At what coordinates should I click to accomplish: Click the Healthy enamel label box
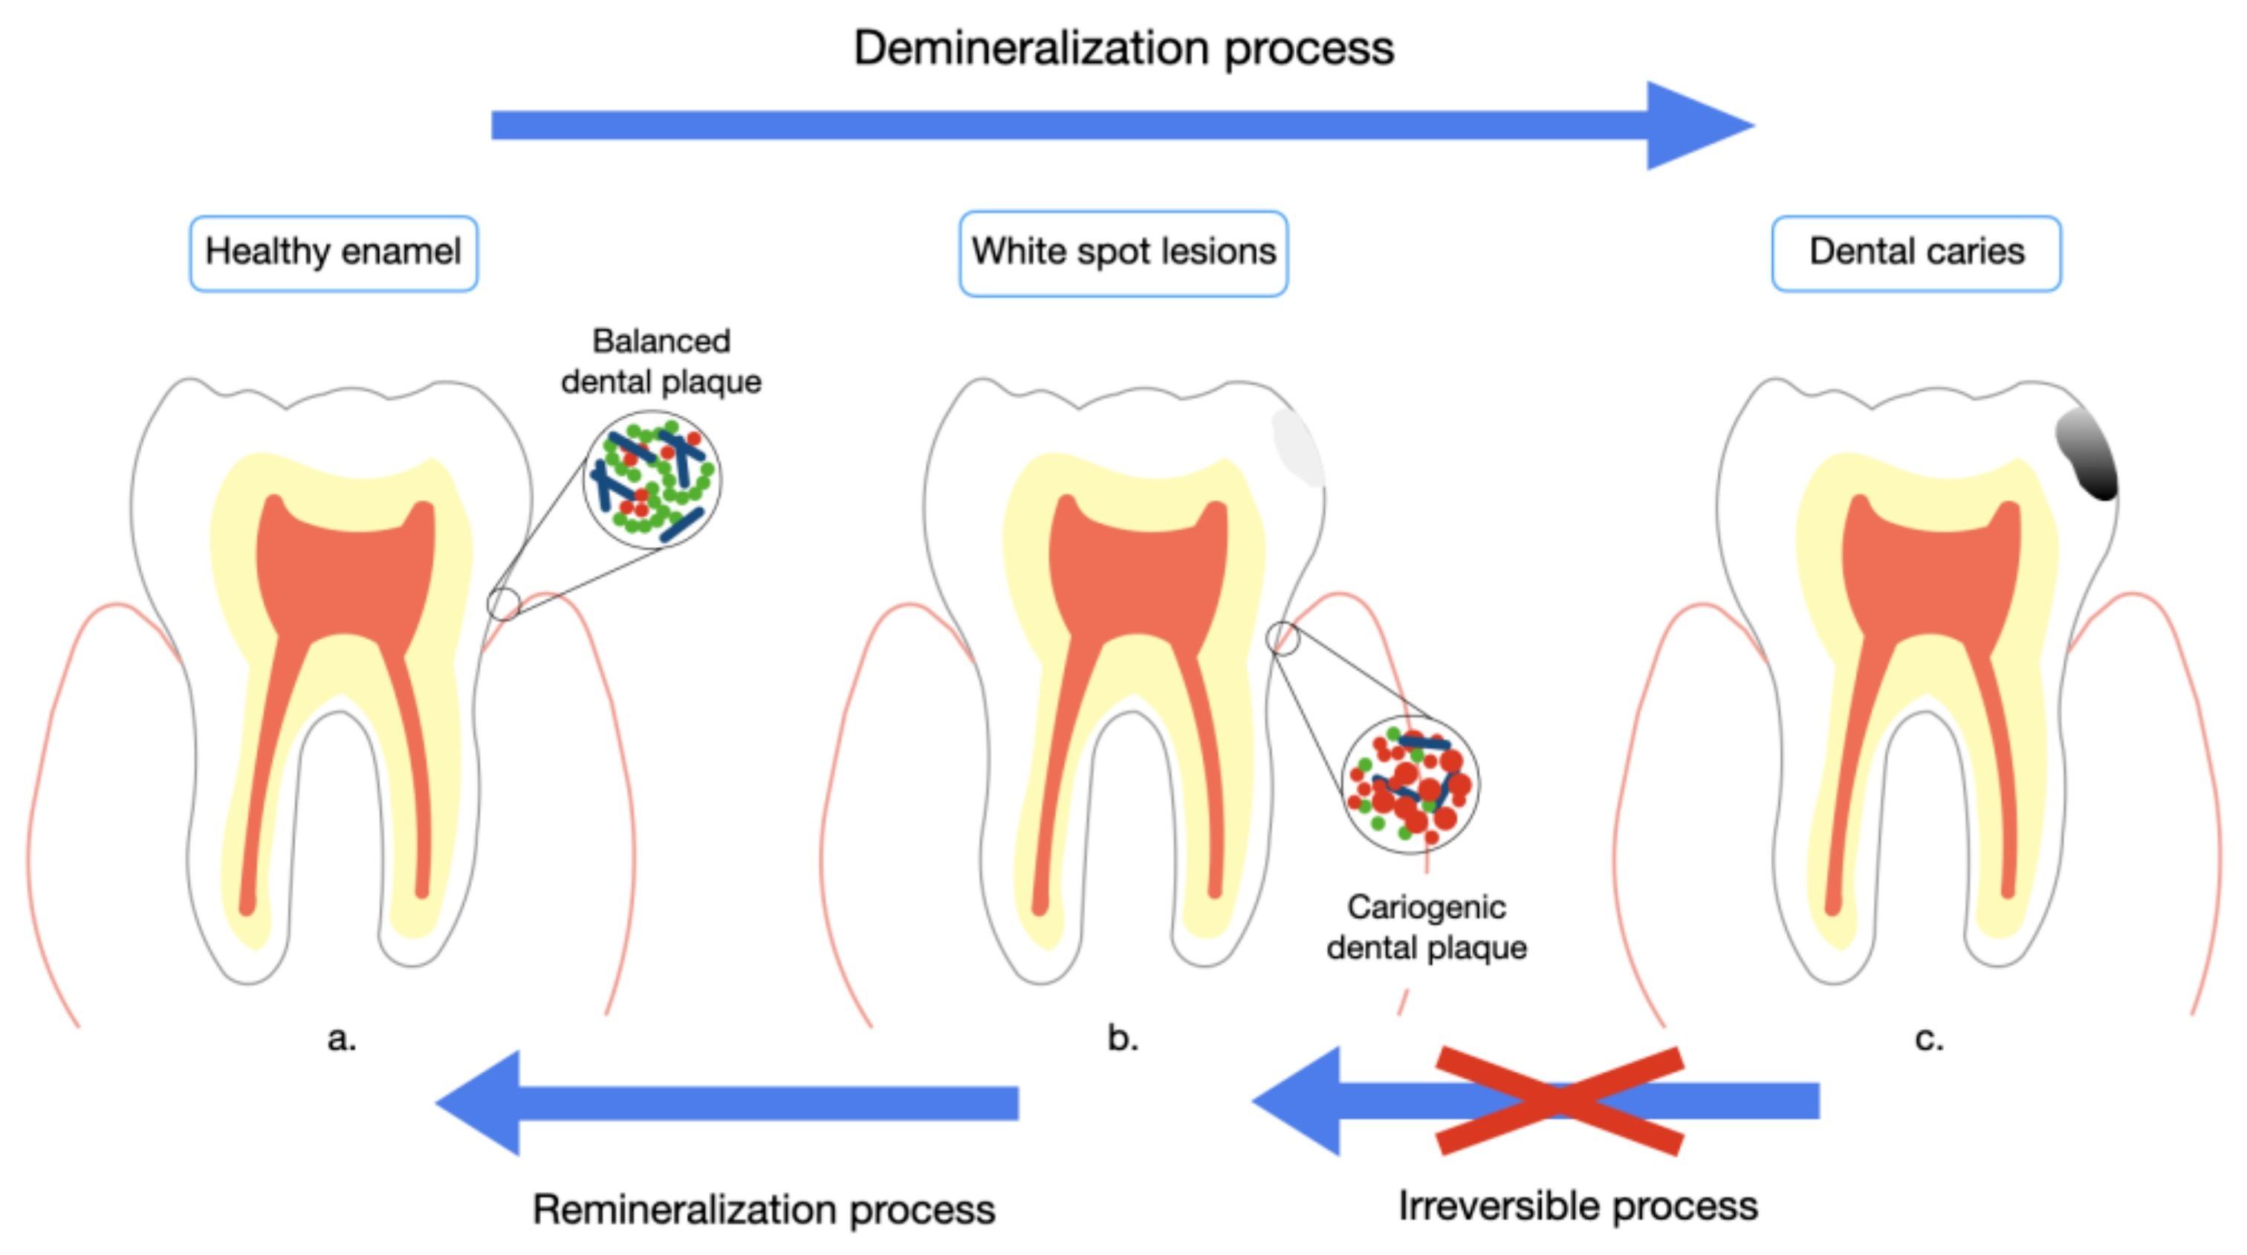[x=333, y=253]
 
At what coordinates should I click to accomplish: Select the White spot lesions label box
[x=1123, y=253]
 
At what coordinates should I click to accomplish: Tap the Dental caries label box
[x=1916, y=253]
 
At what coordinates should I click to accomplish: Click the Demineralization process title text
[x=1123, y=48]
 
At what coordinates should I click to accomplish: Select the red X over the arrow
[x=1559, y=1100]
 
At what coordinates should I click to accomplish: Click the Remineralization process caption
[x=763, y=1210]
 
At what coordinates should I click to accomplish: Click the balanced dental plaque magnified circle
[x=652, y=480]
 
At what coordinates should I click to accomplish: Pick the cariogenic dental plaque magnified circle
[x=1410, y=783]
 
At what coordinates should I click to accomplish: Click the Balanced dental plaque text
[x=661, y=361]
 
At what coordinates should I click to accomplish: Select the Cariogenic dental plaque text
[x=1426, y=927]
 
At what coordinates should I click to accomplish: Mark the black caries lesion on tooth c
[x=2087, y=455]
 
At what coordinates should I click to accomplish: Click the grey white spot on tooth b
[x=1298, y=447]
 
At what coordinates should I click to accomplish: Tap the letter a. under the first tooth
[x=341, y=1038]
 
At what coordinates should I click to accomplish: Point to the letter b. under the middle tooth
[x=1123, y=1038]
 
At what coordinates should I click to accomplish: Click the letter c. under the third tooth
[x=1929, y=1038]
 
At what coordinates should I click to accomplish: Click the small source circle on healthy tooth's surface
[x=503, y=603]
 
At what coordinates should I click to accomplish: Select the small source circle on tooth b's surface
[x=1283, y=638]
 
